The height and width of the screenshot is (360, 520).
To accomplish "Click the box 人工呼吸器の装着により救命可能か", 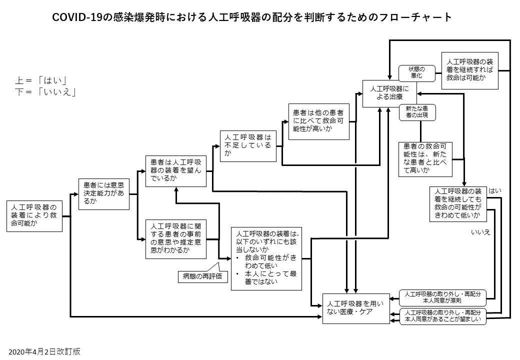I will pos(34,215).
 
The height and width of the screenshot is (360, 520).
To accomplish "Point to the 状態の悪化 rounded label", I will pos(416,72).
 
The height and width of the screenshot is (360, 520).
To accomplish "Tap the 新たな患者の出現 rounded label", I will pos(416,112).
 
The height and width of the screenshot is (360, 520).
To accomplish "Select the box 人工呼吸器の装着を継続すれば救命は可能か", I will pos(470,70).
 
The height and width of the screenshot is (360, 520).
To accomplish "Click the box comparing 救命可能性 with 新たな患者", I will pos(425,159).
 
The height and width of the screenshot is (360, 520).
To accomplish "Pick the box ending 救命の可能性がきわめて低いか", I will pos(458,203).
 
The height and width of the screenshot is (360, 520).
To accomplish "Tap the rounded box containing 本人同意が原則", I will pos(441,297).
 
